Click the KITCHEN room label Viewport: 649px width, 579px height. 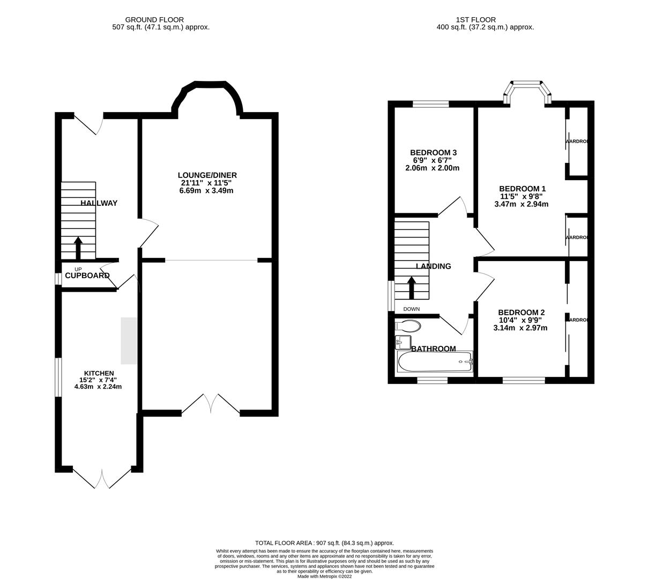click(99, 373)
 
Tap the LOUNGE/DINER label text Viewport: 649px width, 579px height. click(207, 175)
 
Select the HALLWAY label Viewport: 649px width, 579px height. click(99, 203)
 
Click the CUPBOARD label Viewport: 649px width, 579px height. click(87, 276)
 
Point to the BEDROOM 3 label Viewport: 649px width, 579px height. click(433, 153)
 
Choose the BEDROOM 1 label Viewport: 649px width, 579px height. click(522, 189)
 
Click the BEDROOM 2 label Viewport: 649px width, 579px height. click(521, 313)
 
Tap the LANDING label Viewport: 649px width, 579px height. click(434, 266)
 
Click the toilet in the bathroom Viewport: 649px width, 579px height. click(407, 325)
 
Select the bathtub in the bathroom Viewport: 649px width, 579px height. click(435, 362)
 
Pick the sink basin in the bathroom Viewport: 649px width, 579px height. click(402, 342)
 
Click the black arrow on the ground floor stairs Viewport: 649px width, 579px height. click(78, 248)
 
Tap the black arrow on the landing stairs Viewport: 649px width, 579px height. click(412, 287)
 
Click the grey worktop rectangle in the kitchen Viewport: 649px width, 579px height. click(129, 341)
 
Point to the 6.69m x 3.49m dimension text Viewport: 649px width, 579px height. click(207, 191)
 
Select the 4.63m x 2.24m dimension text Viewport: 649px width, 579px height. click(99, 387)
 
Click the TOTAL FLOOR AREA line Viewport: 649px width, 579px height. click(325, 543)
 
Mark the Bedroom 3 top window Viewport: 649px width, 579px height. click(430, 104)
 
